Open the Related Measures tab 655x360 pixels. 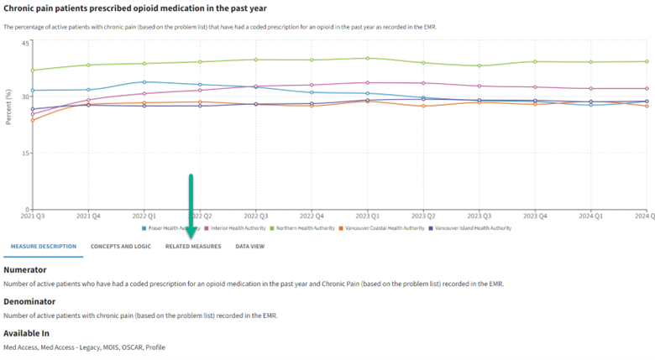pos(193,247)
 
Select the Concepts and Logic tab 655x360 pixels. pos(121,247)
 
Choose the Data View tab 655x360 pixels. pos(249,247)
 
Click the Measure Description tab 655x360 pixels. pos(44,247)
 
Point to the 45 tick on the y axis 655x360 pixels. pos(25,43)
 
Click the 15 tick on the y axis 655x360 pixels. pos(25,154)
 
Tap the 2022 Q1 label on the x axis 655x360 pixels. pos(144,217)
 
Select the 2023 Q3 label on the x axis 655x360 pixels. pos(479,217)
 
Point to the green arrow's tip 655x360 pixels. pos(191,237)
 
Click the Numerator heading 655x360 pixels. pos(25,270)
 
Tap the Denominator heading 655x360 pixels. pos(29,300)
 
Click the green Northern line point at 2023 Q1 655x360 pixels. pos(367,58)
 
